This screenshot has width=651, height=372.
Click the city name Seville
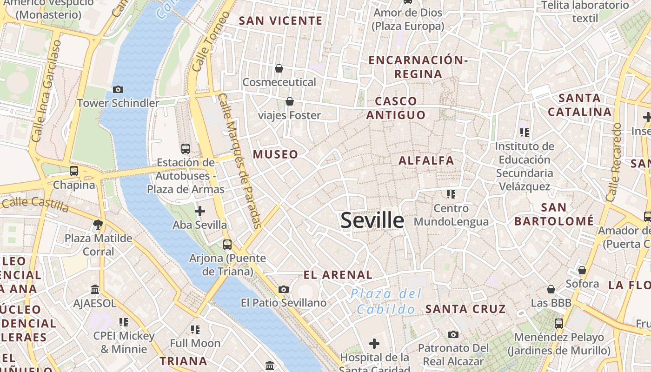[x=372, y=220]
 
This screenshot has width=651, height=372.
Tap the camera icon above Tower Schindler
[x=118, y=89]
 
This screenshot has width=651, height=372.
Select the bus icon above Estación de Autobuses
[x=186, y=149]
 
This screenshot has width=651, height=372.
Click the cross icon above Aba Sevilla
[x=200, y=211]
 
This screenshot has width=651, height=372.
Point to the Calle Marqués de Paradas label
[x=240, y=161]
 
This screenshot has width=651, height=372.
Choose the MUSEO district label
[x=275, y=154]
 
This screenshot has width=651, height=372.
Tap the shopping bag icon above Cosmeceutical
[x=279, y=68]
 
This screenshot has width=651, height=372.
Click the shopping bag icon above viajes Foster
[x=290, y=101]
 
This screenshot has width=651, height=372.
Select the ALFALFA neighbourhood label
[x=426, y=161]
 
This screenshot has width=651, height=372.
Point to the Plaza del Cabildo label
[x=386, y=301]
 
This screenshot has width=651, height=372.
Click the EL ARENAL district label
[x=338, y=275]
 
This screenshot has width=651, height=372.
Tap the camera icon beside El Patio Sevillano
[x=283, y=289]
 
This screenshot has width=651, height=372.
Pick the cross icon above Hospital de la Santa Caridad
[x=374, y=344]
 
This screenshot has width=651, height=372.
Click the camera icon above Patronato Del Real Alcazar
[x=453, y=334]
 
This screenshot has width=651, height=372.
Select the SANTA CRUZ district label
[x=465, y=309]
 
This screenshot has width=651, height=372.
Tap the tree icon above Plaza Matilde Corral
[x=98, y=225]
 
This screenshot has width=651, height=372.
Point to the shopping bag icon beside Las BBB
[x=551, y=289]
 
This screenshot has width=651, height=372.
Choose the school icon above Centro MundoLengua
[x=451, y=194]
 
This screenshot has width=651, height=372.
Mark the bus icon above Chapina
[x=74, y=171]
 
